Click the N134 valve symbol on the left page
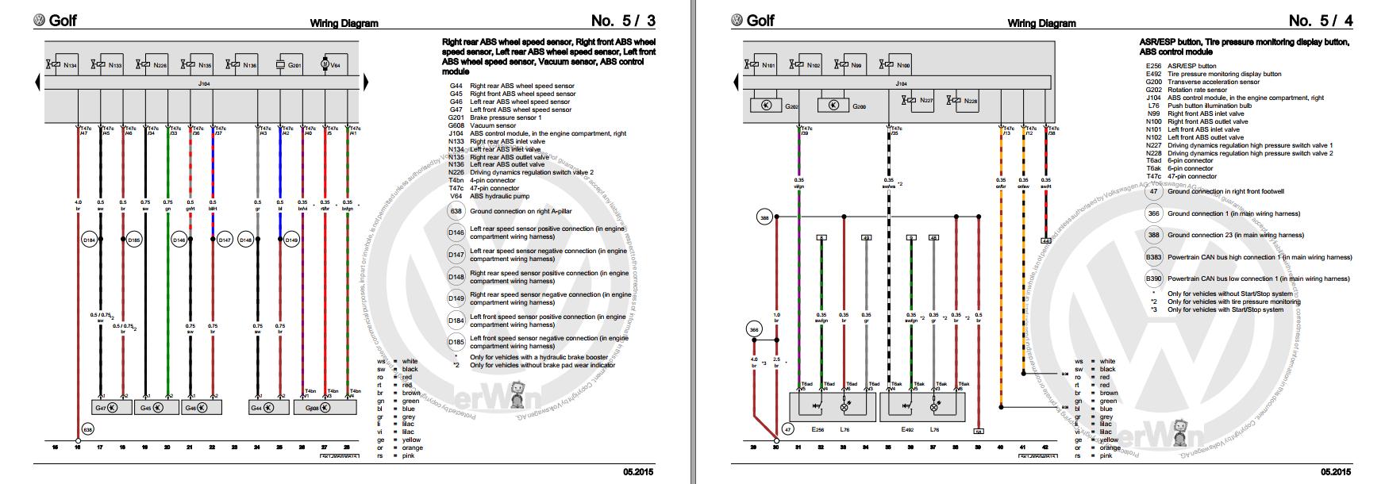pos(61,64)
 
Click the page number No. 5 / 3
pos(623,21)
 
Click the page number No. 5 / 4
pos(1321,21)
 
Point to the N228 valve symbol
pos(962,101)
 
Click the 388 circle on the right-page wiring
pos(764,216)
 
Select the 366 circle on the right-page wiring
pos(755,328)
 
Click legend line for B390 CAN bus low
pos(1257,279)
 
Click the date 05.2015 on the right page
pos(1334,472)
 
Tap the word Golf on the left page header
pos(63,21)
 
